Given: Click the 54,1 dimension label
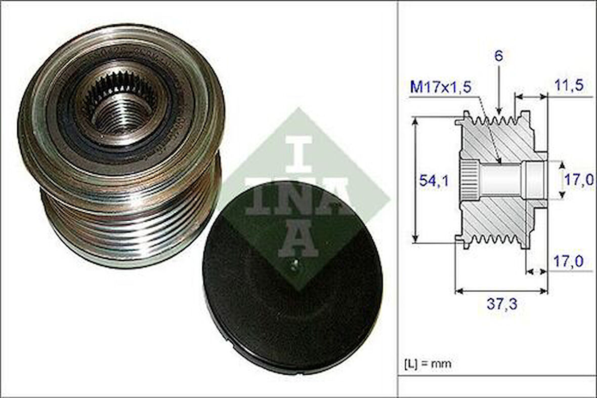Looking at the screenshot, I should (433, 180).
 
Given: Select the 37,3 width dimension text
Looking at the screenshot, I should (501, 305).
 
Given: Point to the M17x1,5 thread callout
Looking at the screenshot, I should (441, 87).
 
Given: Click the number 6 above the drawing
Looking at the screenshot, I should (499, 57).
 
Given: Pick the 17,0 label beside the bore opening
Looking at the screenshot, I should (579, 180).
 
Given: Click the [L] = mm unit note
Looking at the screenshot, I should (428, 364).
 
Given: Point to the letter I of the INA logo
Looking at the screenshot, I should (299, 153).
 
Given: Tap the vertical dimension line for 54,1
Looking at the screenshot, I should (416, 180).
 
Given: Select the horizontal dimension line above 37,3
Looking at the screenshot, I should (501, 291).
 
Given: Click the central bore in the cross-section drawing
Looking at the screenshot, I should (501, 180).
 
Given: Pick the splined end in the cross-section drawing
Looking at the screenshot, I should (468, 180).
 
